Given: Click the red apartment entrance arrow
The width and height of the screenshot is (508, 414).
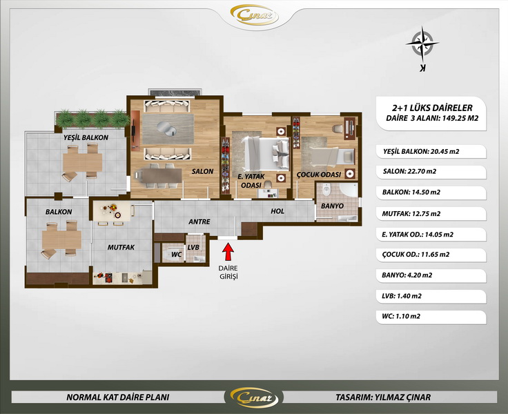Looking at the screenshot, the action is point(228,251).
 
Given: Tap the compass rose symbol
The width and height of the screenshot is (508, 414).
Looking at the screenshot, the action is point(422,43).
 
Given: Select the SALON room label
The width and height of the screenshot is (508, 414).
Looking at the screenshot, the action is point(202,171).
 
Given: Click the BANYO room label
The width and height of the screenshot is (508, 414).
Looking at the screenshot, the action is point(332,206).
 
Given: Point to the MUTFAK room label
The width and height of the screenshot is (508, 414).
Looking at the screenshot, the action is point(121,247).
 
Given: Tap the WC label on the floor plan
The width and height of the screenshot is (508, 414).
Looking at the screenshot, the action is point(176,255).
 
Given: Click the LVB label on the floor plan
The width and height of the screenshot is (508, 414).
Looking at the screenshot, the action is point(193,247).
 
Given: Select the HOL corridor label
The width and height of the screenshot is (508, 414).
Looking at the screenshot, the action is point(277,211).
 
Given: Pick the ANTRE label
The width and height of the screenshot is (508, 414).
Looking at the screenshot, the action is point(199,221).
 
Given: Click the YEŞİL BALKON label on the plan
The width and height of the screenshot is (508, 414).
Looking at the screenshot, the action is point(86,137).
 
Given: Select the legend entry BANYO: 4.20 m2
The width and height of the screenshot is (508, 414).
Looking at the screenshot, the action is point(407,275).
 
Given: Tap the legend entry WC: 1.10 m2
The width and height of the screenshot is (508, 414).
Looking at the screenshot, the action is point(401,316).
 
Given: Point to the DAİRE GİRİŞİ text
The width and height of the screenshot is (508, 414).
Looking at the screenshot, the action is point(228,272).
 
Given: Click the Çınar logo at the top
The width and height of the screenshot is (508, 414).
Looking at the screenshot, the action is point(254,15).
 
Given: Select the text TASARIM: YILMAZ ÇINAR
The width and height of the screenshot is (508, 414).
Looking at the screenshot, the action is point(383,397).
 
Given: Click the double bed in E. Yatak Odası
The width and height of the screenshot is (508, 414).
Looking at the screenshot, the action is point(266,153).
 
